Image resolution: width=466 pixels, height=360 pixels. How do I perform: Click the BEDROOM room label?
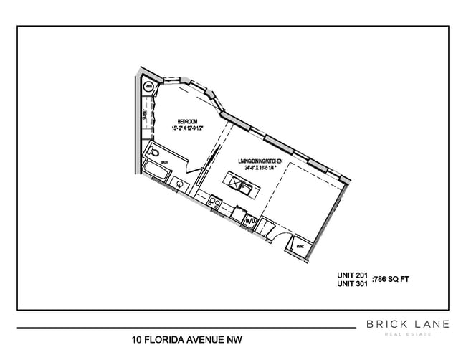click(187, 122)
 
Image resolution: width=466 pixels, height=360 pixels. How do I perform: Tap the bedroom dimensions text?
click(187, 129)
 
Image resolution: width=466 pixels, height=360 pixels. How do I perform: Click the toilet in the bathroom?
click(153, 153)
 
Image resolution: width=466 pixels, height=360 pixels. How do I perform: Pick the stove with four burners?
click(213, 203)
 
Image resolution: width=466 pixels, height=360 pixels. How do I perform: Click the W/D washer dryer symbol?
click(250, 221)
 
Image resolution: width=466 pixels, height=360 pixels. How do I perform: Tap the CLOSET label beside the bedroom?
click(145, 116)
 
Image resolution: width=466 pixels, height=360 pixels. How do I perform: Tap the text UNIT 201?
click(352, 275)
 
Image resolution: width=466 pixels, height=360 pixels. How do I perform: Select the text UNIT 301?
click(352, 284)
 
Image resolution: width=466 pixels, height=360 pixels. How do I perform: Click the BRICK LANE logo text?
click(408, 324)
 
